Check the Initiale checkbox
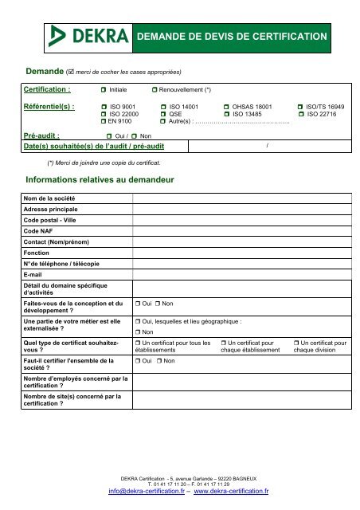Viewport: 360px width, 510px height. (104, 91)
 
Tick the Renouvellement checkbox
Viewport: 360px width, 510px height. (155, 91)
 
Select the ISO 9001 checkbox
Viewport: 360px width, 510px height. (104, 106)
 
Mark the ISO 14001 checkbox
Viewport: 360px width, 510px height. (163, 106)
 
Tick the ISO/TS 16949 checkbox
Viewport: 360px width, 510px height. (300, 106)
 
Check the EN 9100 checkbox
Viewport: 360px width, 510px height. (104, 121)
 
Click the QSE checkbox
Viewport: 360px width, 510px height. (163, 114)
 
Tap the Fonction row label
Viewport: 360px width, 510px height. (37, 251)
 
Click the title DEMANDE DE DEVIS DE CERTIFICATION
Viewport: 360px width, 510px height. (233, 37)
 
